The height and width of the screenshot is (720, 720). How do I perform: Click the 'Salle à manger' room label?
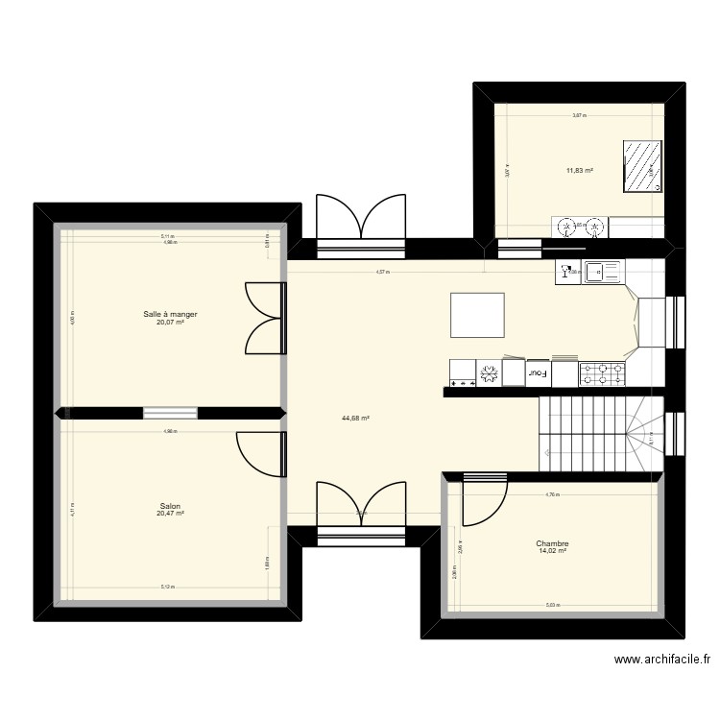point(171,314)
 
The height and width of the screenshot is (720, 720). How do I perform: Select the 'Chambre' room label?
point(552,543)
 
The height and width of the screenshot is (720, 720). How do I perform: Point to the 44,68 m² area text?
point(355,418)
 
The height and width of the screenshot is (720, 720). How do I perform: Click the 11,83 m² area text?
point(579,171)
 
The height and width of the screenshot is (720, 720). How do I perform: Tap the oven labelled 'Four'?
point(538,372)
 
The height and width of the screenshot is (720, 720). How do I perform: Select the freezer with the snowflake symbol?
point(489,372)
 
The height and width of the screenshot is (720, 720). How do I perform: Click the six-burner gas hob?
point(602,372)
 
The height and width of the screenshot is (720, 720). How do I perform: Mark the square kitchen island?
point(477,315)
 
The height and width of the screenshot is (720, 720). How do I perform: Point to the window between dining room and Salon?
point(170,414)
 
